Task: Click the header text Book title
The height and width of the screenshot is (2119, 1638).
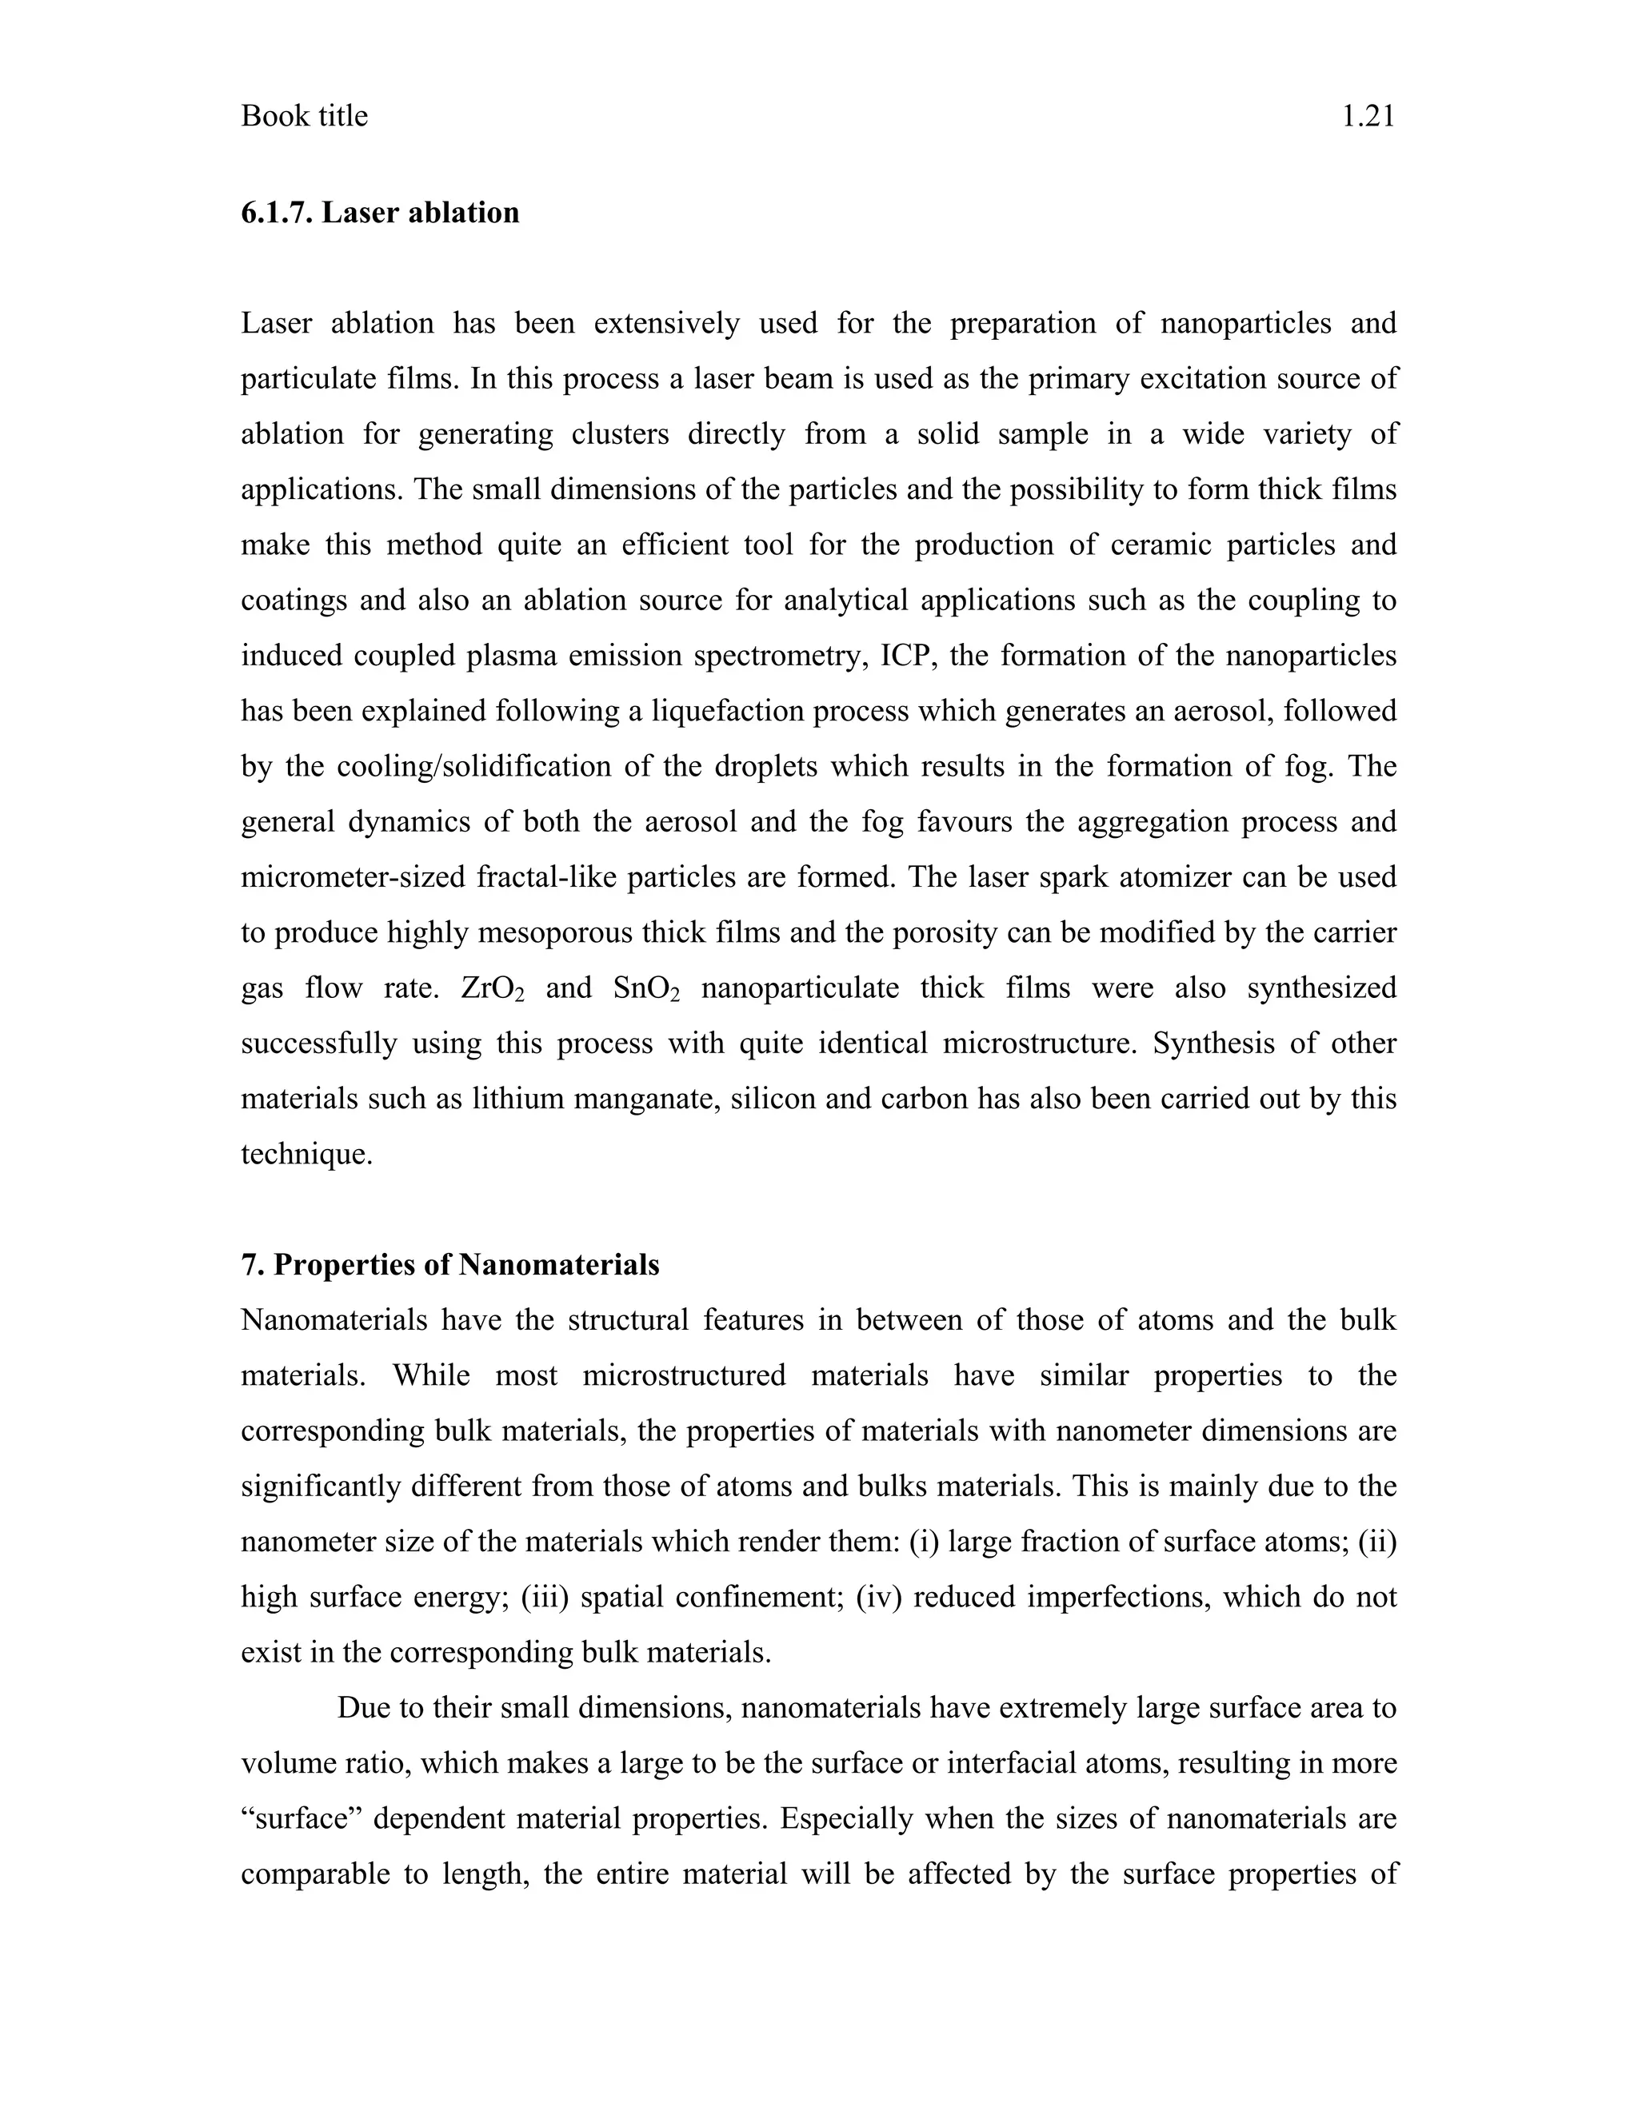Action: [304, 117]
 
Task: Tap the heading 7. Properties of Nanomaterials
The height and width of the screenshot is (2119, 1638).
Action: [449, 1265]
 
